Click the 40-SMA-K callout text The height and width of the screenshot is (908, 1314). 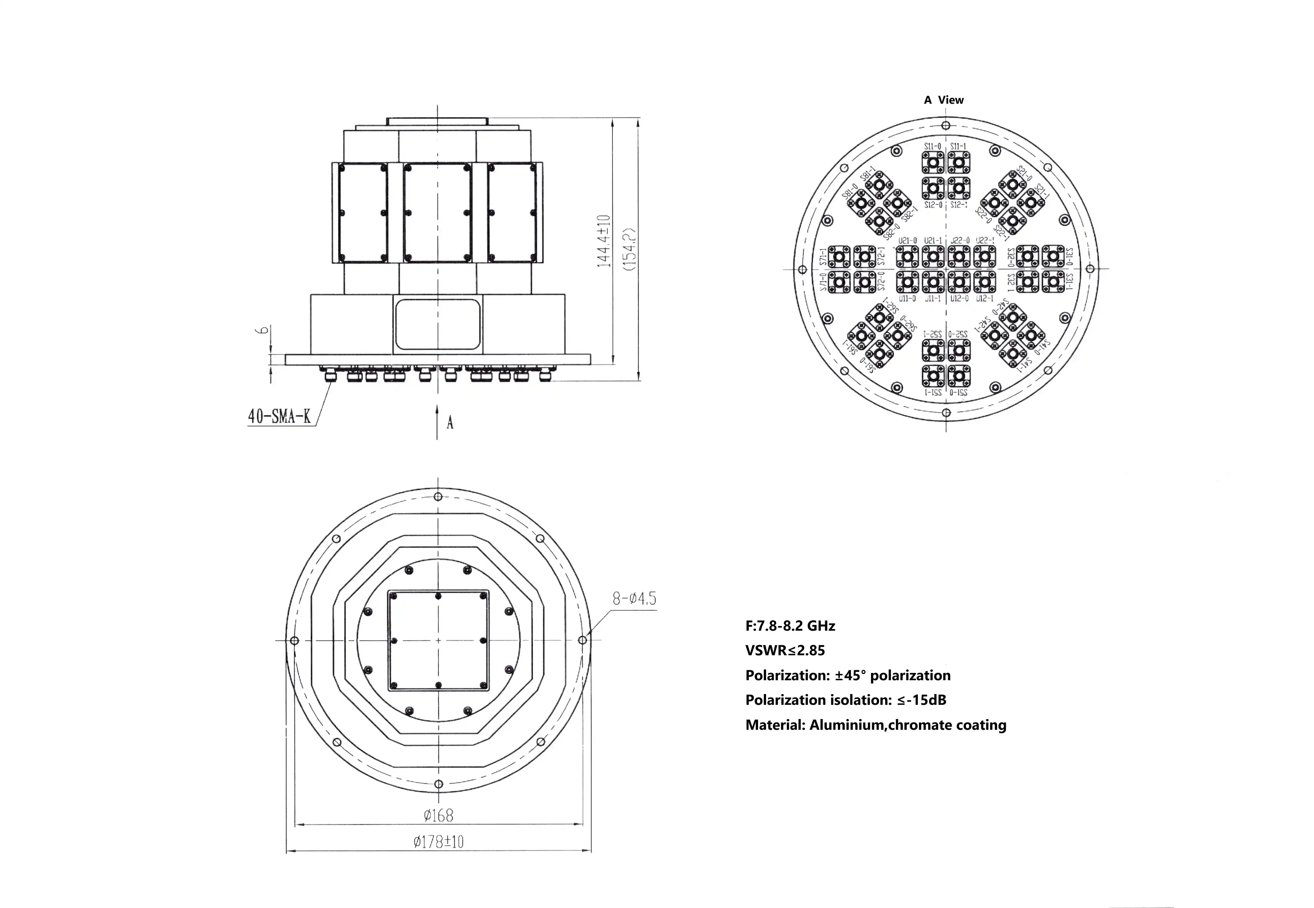279,416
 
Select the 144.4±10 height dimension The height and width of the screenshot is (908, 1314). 604,241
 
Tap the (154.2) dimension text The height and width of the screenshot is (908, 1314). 629,250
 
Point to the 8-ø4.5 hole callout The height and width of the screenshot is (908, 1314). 634,598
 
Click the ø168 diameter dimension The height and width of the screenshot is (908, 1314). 438,815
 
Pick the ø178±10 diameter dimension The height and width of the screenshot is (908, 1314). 438,842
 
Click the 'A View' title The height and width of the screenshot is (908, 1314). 944,100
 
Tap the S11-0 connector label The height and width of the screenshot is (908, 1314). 932,146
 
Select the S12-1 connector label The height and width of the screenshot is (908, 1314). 958,205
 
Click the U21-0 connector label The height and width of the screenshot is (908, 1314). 907,241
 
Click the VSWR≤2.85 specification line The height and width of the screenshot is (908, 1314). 785,650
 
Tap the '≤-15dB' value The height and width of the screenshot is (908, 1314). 922,700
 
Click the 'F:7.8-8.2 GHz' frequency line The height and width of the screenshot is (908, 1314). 790,626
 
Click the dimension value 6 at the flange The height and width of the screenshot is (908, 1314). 263,330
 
